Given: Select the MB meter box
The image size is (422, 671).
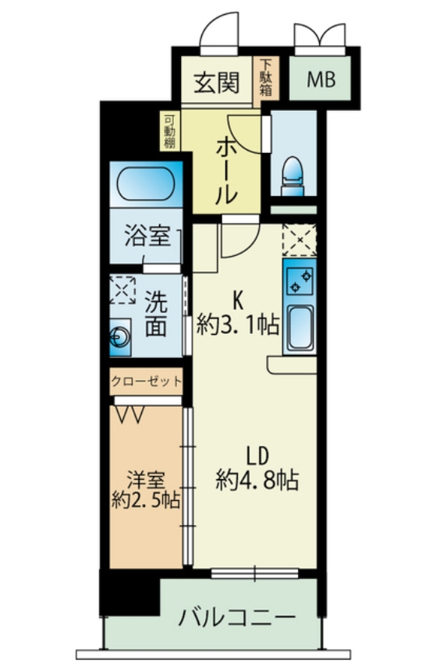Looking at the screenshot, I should click(321, 80).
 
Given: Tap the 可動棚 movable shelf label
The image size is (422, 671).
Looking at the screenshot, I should click(169, 132).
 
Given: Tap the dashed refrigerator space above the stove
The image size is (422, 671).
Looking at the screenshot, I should click(299, 239).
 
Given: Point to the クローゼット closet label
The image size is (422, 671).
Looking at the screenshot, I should click(147, 382).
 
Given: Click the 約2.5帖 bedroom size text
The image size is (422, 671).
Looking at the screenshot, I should click(146, 500).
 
